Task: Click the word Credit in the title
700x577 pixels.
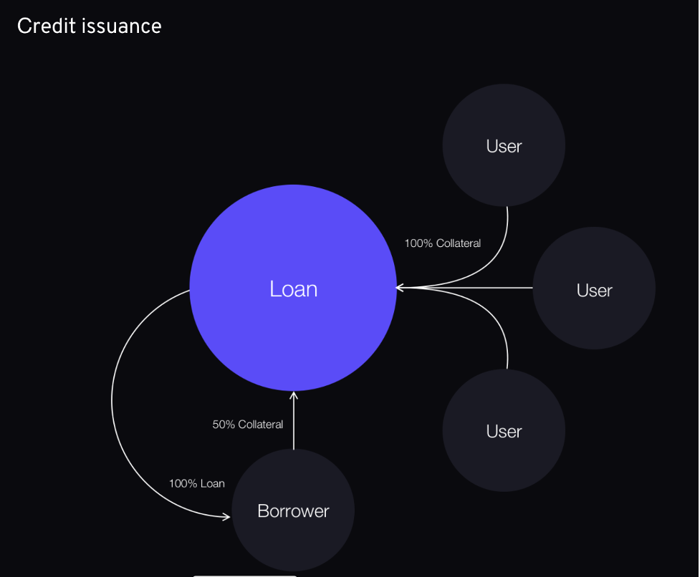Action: click(47, 26)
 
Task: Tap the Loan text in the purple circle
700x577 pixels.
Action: click(293, 289)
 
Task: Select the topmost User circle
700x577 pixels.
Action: click(504, 145)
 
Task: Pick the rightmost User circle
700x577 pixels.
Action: click(594, 288)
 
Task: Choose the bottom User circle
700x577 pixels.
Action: click(504, 431)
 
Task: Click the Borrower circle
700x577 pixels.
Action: click(293, 510)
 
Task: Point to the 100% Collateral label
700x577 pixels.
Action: click(442, 243)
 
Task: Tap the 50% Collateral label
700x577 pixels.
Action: click(248, 425)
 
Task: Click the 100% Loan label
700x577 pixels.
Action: click(197, 484)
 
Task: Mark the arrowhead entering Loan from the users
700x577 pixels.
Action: click(400, 288)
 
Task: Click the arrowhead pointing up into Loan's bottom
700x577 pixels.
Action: click(293, 395)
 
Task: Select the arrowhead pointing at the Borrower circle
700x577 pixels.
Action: click(226, 517)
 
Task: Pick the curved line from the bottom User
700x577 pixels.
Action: click(490, 311)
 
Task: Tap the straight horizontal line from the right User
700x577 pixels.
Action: click(465, 288)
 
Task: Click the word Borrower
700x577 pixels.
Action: click(293, 511)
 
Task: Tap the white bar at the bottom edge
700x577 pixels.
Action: click(244, 576)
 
